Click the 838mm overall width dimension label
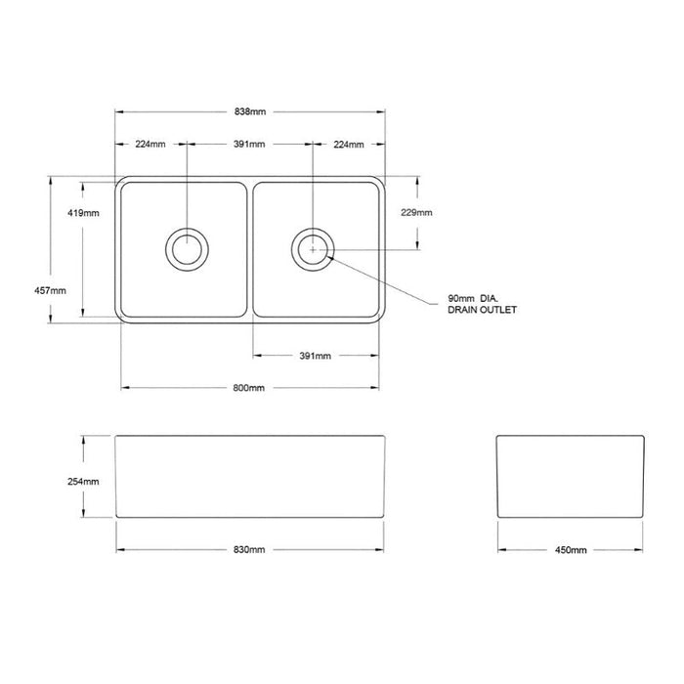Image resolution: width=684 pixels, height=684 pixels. click(x=250, y=111)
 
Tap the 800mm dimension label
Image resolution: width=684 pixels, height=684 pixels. click(x=248, y=388)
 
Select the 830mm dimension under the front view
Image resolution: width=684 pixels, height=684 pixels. click(x=249, y=549)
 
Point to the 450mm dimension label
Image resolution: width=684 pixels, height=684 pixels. click(x=571, y=550)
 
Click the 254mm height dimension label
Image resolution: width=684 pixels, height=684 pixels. click(x=83, y=482)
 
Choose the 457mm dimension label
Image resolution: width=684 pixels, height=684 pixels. click(x=50, y=290)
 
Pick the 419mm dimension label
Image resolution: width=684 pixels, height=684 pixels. click(x=83, y=213)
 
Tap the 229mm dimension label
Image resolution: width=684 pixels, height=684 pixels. click(x=416, y=212)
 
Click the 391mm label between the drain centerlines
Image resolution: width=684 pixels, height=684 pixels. click(x=249, y=144)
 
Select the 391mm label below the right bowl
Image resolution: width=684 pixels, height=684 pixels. click(x=315, y=356)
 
